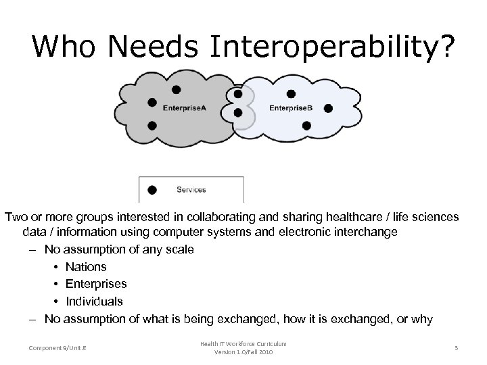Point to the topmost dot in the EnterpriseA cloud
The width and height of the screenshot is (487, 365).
click(176, 89)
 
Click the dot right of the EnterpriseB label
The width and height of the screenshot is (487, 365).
click(328, 107)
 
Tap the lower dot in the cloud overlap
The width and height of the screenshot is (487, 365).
click(237, 114)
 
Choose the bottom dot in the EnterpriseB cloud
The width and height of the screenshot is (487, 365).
click(306, 125)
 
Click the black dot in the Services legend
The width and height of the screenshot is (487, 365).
click(152, 190)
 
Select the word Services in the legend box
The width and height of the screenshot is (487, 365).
click(191, 190)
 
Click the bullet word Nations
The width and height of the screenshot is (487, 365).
click(86, 267)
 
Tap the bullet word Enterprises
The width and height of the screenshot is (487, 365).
click(96, 284)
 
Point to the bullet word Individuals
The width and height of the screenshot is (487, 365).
click(94, 301)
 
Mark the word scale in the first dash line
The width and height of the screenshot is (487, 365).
click(180, 250)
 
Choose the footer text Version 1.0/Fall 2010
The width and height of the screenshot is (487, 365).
click(243, 352)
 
